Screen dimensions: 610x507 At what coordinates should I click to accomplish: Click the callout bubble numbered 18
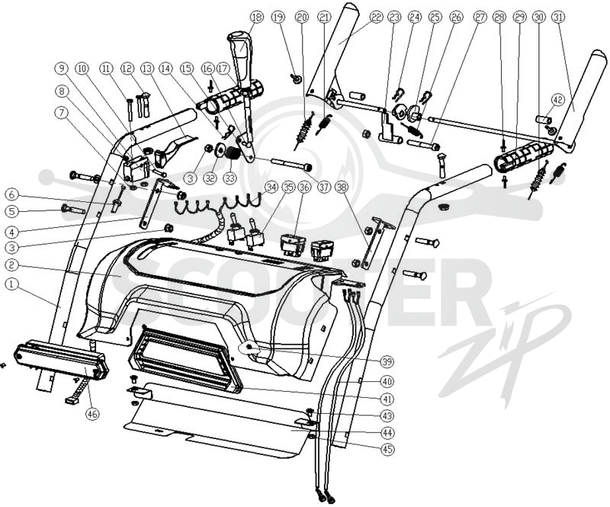(x=257, y=17)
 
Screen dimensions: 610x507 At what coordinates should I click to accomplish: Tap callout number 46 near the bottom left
(x=91, y=414)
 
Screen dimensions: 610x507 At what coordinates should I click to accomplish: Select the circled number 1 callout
(x=11, y=284)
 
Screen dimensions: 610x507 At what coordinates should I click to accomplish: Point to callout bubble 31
(x=559, y=17)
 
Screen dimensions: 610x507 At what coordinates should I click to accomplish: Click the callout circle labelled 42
(x=558, y=100)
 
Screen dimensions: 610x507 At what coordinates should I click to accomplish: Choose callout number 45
(x=387, y=449)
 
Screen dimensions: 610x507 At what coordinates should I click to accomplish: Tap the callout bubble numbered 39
(x=387, y=361)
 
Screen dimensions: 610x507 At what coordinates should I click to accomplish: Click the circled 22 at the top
(x=376, y=17)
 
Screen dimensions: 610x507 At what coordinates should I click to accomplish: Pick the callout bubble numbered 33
(x=230, y=178)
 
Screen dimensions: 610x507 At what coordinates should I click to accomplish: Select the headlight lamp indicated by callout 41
(x=186, y=359)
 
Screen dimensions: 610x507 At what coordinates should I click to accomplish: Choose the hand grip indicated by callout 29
(x=523, y=156)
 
